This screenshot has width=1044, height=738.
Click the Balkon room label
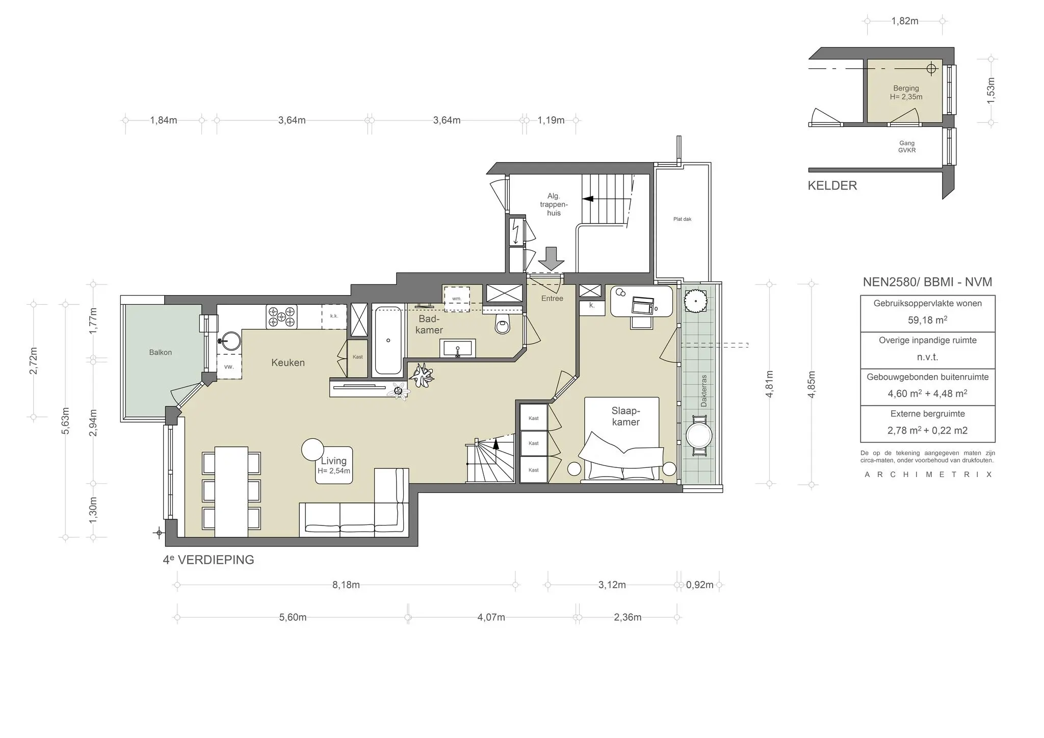coord(160,352)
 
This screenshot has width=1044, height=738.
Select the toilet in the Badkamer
coord(502,324)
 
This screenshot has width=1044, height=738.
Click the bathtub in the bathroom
coord(388,340)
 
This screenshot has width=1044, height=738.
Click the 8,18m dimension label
coord(346,585)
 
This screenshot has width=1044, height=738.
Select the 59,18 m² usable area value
coord(927,320)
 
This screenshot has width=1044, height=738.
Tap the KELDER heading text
coord(832,186)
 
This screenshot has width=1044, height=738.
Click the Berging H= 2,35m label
coord(906,92)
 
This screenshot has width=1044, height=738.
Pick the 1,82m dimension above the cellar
coord(904,21)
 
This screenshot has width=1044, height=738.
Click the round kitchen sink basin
coord(231,341)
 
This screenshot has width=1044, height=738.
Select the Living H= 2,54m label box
coord(334,465)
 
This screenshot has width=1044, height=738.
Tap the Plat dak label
coord(682,219)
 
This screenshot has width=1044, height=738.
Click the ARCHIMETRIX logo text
coord(928,475)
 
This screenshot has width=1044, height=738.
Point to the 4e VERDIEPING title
coord(208,560)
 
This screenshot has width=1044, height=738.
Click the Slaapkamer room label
coord(625,416)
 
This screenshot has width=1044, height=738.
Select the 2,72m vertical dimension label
coord(34,360)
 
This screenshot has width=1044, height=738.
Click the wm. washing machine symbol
coord(456,299)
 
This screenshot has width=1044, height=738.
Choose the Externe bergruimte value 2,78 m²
coord(904,430)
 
